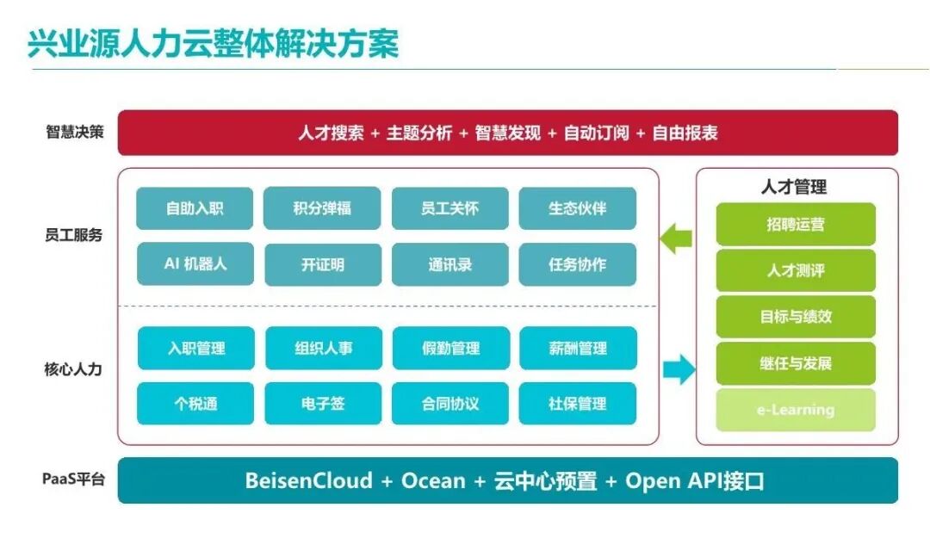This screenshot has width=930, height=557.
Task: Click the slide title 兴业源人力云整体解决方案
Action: pos(214,44)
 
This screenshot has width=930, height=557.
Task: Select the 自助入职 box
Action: pos(195,208)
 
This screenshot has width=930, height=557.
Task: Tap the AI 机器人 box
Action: pos(195,264)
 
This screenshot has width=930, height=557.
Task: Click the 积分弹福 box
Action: pos(322,208)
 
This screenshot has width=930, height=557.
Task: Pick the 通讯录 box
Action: pos(449,264)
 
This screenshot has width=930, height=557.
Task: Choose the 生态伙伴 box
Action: pos(577,208)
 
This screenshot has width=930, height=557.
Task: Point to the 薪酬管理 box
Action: pos(577,349)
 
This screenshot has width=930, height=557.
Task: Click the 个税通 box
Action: pos(195,404)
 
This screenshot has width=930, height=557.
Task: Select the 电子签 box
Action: pos(322,404)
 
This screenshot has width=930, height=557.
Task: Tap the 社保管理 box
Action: pos(577,404)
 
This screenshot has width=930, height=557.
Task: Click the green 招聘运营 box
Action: pos(796,225)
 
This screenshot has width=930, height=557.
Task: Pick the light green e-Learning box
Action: pos(796,410)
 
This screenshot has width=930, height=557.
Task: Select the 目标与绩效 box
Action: pos(796,317)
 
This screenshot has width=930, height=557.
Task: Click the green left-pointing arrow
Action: pos(677,238)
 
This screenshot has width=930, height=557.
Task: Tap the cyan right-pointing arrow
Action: pos(679,369)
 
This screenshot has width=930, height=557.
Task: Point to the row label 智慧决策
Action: pos(74,133)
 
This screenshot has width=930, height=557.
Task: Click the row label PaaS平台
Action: pos(74,480)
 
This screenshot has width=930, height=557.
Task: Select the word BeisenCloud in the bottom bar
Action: pos(308,480)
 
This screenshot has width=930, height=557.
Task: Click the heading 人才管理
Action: pos(794,187)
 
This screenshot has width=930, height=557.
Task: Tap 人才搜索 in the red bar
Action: pos(331,133)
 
